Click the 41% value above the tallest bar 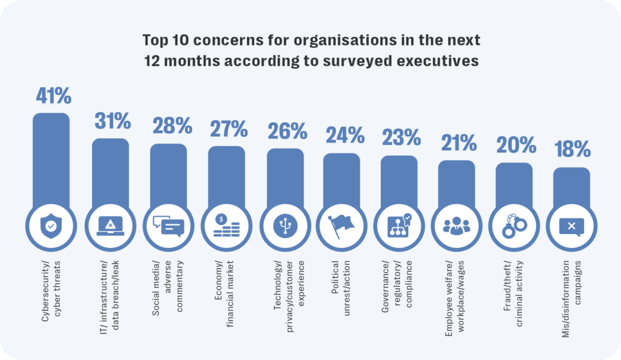point(53,96)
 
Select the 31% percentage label point(113,121)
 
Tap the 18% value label point(572,149)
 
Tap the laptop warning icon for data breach point(110,226)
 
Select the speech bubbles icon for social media point(168,226)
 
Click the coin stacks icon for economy point(226,226)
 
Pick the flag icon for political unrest point(342,226)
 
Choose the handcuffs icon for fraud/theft point(514,226)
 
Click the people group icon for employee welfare point(457,226)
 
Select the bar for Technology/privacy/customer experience point(285,176)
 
